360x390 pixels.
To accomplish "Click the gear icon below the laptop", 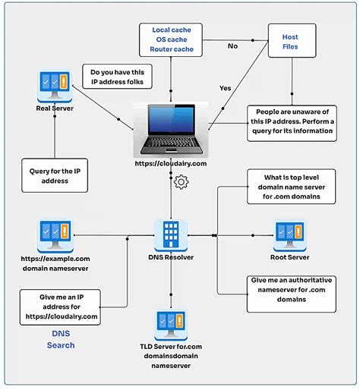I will pos(181,182).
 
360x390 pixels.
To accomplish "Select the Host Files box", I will pos(291,41).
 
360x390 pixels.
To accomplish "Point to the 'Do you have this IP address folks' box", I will pos(121,76).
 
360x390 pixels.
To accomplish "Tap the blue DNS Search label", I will pos(62,339).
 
